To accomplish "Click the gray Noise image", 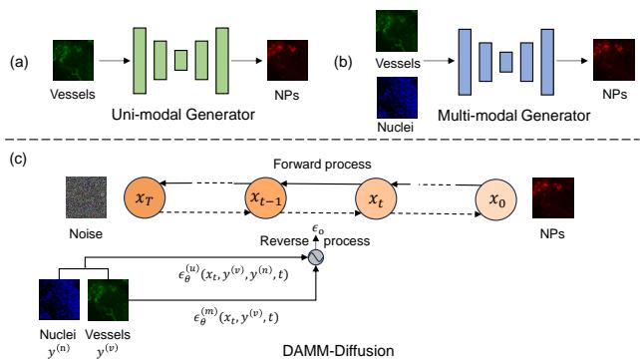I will [86, 197].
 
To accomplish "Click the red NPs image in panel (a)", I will [287, 59].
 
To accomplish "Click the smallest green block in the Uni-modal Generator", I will [180, 60].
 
